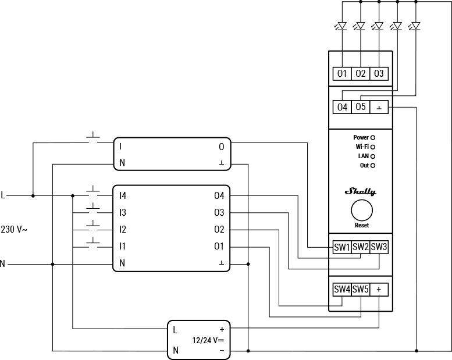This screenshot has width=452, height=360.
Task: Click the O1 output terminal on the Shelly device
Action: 342,73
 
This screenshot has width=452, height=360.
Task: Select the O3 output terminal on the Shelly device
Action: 379,73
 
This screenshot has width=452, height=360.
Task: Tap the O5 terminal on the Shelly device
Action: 361,107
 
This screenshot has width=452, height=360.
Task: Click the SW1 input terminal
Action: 342,247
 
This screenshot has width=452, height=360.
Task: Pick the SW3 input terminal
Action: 379,247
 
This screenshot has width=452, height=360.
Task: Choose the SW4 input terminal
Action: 342,289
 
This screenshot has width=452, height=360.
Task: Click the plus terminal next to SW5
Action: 379,289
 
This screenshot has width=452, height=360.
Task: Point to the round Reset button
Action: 361,210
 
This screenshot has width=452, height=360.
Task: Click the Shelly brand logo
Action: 361,191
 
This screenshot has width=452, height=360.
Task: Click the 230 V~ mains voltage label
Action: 14,230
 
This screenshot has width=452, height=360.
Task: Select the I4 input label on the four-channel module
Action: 122,196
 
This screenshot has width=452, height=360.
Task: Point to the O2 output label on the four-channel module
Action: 219,230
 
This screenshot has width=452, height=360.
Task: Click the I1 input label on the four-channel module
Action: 122,247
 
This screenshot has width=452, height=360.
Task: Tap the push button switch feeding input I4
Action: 93,190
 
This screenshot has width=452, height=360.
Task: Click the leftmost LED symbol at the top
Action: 342,26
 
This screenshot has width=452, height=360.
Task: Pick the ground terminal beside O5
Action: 379,107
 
